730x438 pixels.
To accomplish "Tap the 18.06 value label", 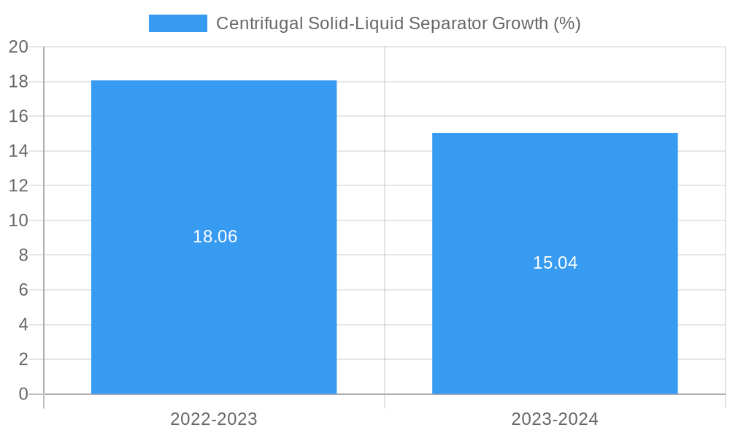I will (x=215, y=237).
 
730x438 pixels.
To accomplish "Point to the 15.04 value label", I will (x=555, y=263).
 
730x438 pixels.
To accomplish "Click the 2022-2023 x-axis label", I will (x=214, y=419).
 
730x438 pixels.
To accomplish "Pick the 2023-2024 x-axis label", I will (x=555, y=419).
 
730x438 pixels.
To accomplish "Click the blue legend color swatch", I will (x=177, y=23).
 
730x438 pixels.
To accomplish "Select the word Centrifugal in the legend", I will (x=259, y=23).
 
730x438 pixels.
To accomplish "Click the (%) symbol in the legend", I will (x=567, y=23).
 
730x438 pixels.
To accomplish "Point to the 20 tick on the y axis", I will (x=18, y=47).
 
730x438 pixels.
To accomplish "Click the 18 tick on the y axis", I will (x=18, y=82).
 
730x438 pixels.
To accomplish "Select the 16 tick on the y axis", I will (x=18, y=116).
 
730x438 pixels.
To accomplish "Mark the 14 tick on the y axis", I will (x=18, y=151).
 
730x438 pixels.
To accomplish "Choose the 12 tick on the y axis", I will (x=18, y=185).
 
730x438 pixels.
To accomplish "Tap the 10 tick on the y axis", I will (x=18, y=220).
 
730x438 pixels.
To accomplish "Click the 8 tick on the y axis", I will (x=23, y=255).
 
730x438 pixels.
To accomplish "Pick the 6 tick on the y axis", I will (x=23, y=290).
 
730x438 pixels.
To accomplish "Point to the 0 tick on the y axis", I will (x=23, y=394).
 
